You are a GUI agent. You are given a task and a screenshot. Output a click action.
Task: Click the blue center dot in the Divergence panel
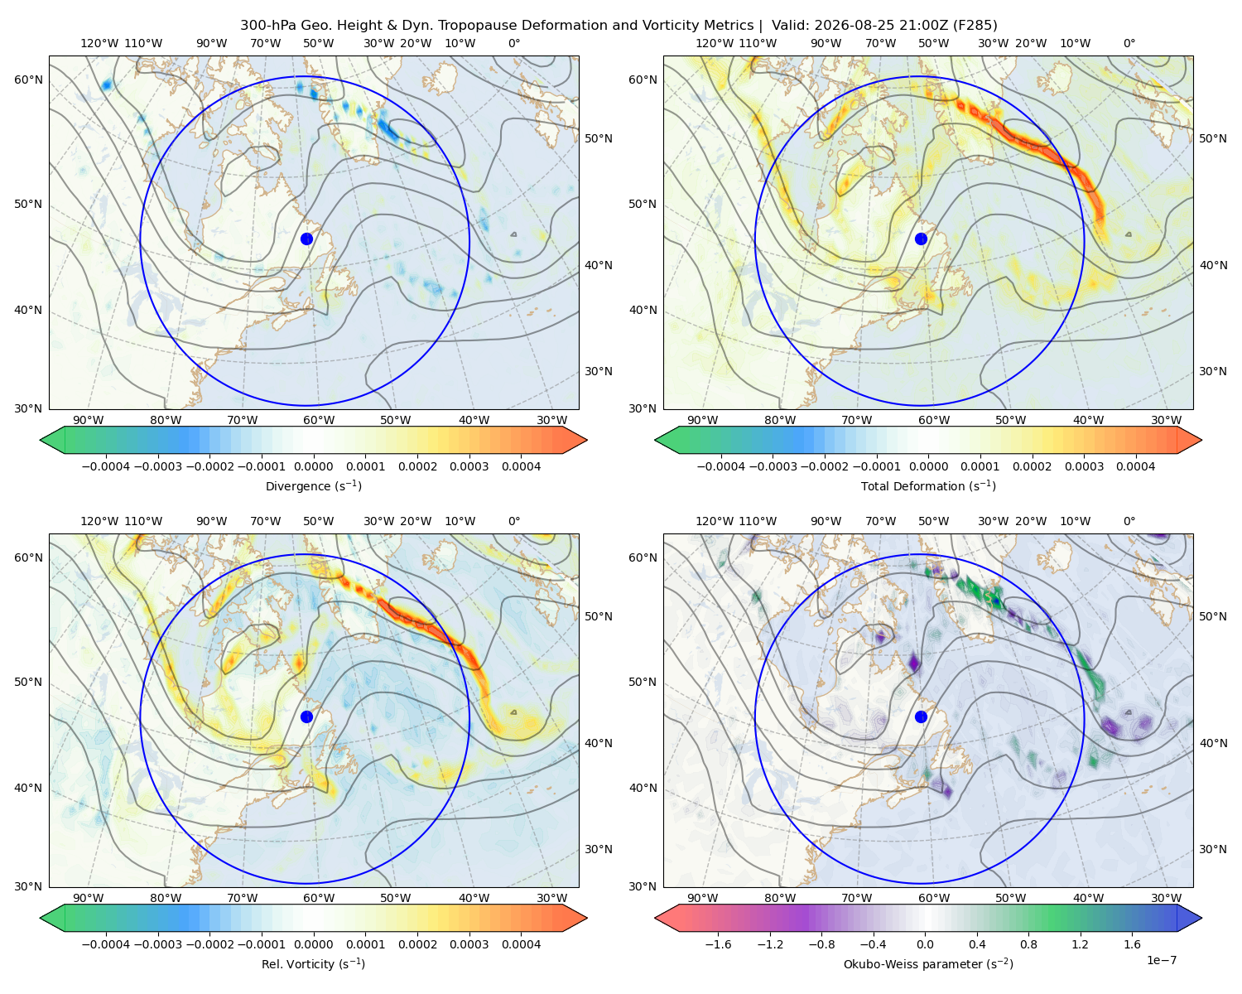coord(306,239)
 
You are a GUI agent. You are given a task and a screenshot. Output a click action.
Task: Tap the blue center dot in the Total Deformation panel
coord(921,239)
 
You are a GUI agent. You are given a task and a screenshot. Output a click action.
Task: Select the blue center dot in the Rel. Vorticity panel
coord(306,717)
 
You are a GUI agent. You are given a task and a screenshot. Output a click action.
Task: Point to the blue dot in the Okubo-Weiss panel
coord(921,717)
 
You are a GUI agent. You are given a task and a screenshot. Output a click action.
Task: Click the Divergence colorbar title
coord(313,485)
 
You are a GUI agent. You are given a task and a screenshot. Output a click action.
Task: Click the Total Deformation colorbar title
coord(928,485)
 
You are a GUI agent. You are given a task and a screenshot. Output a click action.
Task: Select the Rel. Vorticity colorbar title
coord(313,963)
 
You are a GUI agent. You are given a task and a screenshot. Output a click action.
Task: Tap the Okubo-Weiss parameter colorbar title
coord(928,963)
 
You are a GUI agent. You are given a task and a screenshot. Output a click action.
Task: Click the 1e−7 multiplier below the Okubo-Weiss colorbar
coord(1161,960)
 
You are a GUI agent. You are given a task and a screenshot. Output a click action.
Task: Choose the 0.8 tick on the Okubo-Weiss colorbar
coord(1028,944)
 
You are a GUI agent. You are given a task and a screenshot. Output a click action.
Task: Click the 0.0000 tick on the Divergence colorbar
coord(313,466)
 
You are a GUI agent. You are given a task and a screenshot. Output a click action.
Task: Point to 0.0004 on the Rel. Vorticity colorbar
coord(521,944)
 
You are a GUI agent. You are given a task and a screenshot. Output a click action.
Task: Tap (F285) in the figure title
coord(975,25)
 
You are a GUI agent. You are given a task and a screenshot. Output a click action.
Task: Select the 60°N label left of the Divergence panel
coord(28,80)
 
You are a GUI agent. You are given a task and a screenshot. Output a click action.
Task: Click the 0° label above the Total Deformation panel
coord(1129,43)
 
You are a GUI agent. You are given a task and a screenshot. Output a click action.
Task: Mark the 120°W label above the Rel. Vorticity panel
coord(99,521)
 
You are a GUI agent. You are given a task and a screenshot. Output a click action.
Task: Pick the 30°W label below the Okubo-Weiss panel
coord(1166,898)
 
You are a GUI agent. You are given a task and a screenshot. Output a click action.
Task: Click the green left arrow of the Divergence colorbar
coord(52,440)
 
